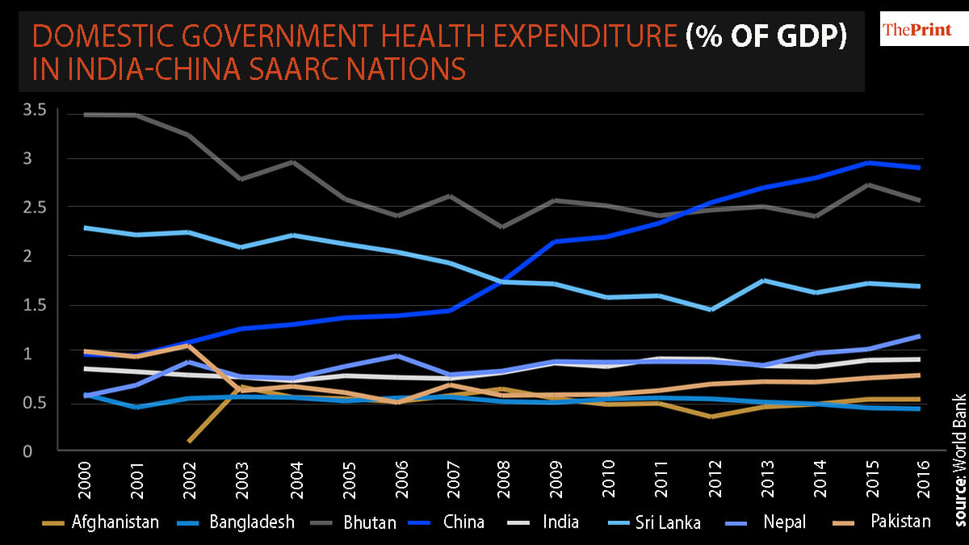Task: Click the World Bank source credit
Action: click(959, 448)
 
